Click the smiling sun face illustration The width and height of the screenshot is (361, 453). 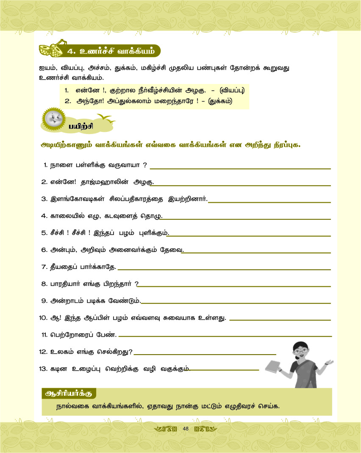tap(53, 119)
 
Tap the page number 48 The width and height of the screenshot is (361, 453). tap(185, 429)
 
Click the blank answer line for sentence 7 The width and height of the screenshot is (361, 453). tap(225, 269)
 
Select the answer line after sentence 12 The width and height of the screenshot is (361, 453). tap(205, 354)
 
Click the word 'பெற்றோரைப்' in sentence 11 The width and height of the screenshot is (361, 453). tap(68, 335)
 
